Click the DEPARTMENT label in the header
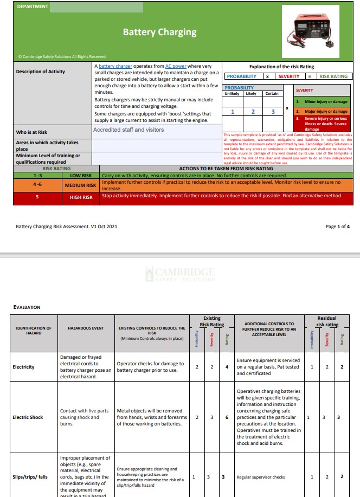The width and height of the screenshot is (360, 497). (x=32, y=7)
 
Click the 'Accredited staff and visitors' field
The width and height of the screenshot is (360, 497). (x=128, y=130)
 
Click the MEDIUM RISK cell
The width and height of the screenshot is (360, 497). (x=80, y=185)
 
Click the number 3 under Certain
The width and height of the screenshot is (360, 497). (x=272, y=112)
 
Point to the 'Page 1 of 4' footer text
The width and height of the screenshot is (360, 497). (x=337, y=227)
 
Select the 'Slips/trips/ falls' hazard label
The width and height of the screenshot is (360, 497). (x=31, y=477)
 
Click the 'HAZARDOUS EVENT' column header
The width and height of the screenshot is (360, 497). (x=86, y=328)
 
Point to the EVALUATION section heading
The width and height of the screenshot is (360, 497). (x=27, y=307)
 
